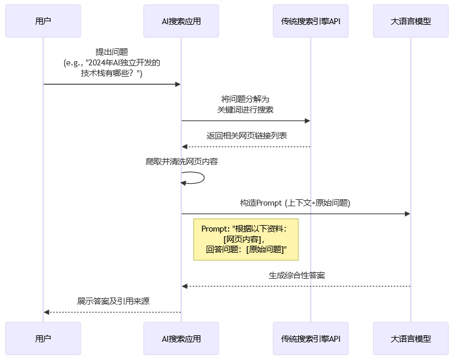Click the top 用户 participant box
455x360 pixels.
tap(43, 21)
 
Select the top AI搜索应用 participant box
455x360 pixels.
tap(181, 21)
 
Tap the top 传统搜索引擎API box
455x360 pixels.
tap(311, 21)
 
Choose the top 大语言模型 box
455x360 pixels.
tap(411, 21)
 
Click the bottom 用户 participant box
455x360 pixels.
tap(43, 338)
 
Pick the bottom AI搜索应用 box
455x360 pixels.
tap(181, 338)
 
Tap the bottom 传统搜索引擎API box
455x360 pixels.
tap(311, 338)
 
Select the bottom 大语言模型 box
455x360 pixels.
tap(411, 338)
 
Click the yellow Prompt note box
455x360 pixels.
tap(246, 239)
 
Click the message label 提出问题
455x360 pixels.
tap(112, 52)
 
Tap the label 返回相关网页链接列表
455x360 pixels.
tap(246, 136)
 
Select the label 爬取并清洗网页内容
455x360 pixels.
tap(182, 161)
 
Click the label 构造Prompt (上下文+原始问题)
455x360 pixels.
tap(295, 203)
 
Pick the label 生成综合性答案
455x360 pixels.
tap(296, 275)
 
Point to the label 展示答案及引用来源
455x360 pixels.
tap(113, 301)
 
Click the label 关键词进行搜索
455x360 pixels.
tap(246, 110)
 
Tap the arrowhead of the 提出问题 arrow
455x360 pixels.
tap(177, 84)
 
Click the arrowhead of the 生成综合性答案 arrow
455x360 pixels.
tap(184, 286)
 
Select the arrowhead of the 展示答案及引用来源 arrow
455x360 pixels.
tap(47, 312)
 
